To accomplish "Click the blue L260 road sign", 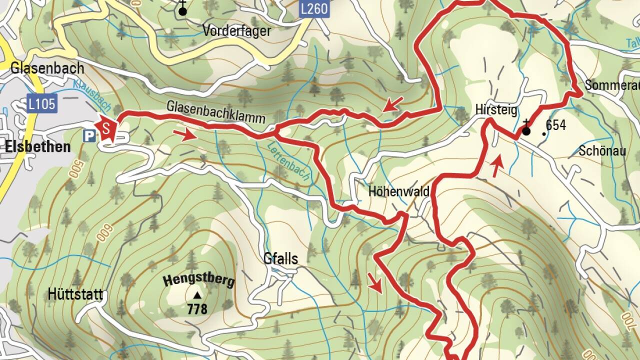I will (314, 8).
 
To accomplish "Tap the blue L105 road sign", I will (42, 104).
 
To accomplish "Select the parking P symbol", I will (89, 135).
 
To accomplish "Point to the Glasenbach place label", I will (47, 68).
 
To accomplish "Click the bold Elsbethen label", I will (38, 147).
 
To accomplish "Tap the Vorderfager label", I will (236, 31).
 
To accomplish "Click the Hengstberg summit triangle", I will (197, 295).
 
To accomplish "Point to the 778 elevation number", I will (197, 309).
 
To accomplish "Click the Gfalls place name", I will (280, 258).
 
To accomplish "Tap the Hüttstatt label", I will (75, 294).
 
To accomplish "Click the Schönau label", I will (602, 150).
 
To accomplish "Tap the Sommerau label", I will (611, 85).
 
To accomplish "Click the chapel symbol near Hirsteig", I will (525, 130).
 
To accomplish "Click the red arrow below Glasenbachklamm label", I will (185, 135).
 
